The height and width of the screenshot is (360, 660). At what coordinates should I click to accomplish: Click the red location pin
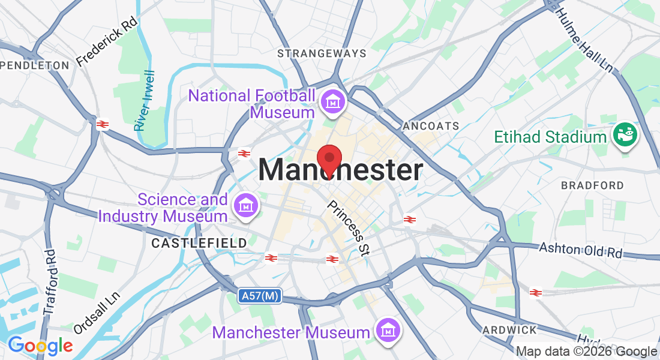(x=329, y=160)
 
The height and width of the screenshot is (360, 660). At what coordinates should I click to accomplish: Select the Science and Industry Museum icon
(x=246, y=206)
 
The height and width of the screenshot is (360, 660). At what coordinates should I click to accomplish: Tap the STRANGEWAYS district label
(x=322, y=53)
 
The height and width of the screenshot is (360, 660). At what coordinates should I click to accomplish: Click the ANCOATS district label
(x=431, y=126)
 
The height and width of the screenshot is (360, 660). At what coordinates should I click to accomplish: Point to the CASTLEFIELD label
(x=199, y=243)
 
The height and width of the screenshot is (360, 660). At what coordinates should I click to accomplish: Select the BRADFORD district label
(x=592, y=185)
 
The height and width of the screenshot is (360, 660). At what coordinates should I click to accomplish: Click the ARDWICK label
(x=510, y=330)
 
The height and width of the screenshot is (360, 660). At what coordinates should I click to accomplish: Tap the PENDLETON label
(x=34, y=65)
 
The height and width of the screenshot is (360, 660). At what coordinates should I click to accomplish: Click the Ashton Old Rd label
(x=581, y=250)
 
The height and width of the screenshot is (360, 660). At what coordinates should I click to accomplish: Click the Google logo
(x=40, y=346)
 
